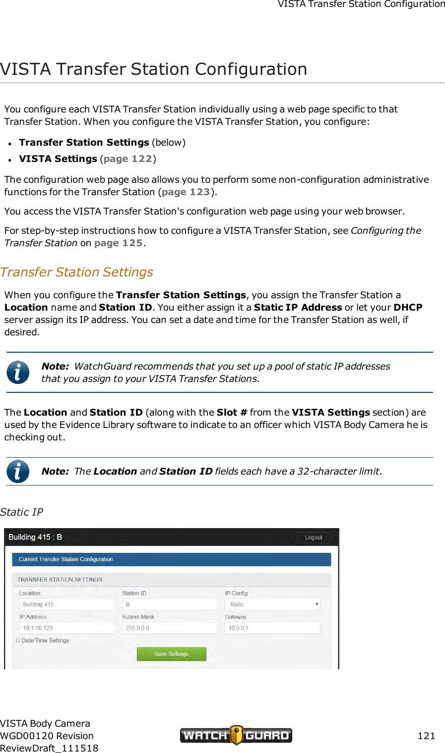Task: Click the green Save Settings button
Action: click(x=171, y=654)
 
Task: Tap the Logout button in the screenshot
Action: click(x=314, y=538)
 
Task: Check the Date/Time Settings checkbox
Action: click(x=18, y=640)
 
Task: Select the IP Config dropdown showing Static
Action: click(x=272, y=604)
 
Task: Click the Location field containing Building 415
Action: click(x=67, y=604)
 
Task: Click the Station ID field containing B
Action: click(x=170, y=604)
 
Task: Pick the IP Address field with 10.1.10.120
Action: click(x=67, y=628)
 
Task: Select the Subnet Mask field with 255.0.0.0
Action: click(x=170, y=628)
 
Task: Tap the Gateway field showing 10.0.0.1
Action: click(x=272, y=628)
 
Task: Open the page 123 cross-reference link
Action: click(x=186, y=192)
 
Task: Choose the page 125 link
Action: click(x=118, y=243)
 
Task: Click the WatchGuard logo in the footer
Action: click(x=236, y=735)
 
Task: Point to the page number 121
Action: click(x=426, y=736)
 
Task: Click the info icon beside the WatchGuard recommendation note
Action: click(x=18, y=373)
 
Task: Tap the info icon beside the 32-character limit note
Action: click(x=18, y=472)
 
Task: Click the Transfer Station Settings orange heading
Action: click(x=77, y=272)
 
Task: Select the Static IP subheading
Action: click(x=22, y=512)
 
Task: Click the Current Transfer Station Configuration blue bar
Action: click(x=171, y=559)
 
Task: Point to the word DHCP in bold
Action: click(x=408, y=308)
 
